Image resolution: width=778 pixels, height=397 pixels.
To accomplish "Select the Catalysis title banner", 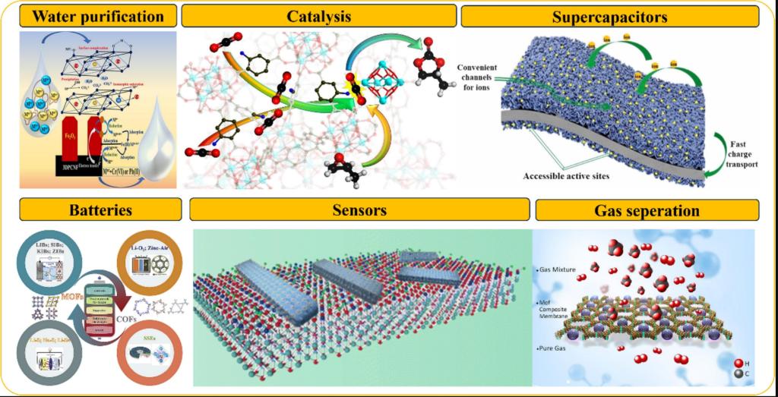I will pyautogui.click(x=318, y=15).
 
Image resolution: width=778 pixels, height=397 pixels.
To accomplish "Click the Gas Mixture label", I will pyautogui.click(x=558, y=269).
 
